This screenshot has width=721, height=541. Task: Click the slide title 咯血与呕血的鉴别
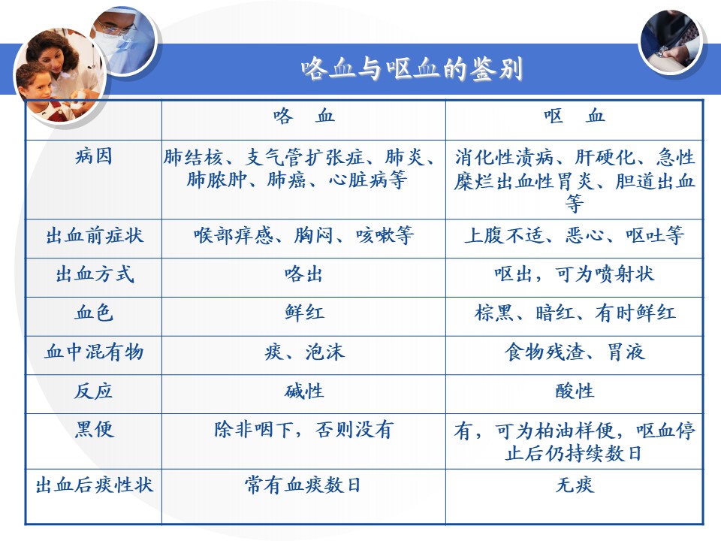tap(412, 69)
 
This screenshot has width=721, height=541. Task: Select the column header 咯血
tap(303, 116)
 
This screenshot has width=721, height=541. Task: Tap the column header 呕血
tap(574, 116)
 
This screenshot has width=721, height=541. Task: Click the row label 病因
tap(94, 156)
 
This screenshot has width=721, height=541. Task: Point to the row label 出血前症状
tap(95, 236)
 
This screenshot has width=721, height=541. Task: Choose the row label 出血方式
tap(95, 275)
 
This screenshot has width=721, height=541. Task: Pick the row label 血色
tap(94, 313)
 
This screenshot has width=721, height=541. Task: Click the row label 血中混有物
tap(95, 352)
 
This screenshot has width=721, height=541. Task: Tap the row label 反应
tap(94, 391)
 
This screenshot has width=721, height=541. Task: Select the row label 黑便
tap(94, 430)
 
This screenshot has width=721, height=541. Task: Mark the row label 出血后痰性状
tap(95, 485)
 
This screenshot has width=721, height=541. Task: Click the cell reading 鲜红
tap(304, 313)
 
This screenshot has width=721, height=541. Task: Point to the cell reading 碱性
tap(304, 391)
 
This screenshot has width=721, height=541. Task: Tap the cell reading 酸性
tap(575, 391)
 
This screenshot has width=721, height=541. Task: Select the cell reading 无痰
tap(575, 485)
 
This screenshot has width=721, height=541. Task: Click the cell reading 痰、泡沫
tap(304, 352)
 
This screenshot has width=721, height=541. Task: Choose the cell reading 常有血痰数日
tap(303, 485)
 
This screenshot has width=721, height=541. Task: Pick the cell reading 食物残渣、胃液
tap(575, 352)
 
